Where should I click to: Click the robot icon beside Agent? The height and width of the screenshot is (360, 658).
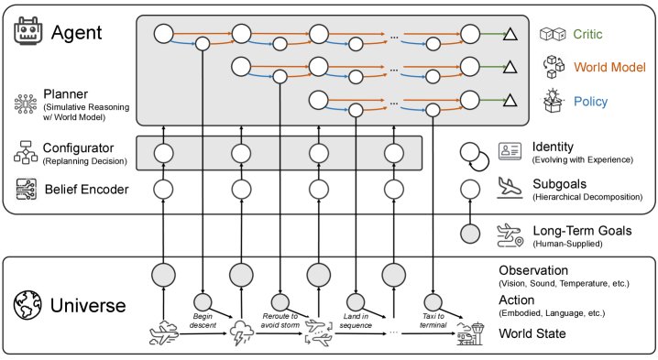(28, 30)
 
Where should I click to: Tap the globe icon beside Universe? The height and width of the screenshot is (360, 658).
(27, 305)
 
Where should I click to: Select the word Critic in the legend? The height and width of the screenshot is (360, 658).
(587, 34)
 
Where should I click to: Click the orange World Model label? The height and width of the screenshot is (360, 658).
(609, 67)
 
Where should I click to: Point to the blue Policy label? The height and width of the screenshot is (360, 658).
(590, 102)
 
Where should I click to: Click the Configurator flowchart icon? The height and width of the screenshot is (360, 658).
(26, 152)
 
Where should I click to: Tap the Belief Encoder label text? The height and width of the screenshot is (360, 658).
(86, 190)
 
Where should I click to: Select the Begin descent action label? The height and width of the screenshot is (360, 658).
(203, 321)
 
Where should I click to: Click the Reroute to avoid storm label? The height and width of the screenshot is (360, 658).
(280, 321)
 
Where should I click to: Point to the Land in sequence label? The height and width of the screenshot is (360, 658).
(356, 321)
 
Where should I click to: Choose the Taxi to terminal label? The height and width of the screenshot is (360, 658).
(433, 321)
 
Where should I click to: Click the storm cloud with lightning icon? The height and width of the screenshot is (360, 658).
(242, 333)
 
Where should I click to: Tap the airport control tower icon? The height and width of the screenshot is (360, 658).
(470, 333)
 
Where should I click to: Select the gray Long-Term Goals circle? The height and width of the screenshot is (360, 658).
(470, 234)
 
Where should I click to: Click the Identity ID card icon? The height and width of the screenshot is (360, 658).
(510, 151)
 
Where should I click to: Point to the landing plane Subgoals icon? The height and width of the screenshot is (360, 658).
(510, 187)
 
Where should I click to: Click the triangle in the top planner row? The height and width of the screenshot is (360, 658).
(510, 34)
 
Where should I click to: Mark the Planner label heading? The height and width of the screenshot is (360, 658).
(66, 94)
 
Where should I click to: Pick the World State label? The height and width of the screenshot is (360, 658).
(532, 333)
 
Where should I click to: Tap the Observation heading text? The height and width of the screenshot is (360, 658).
(533, 270)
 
